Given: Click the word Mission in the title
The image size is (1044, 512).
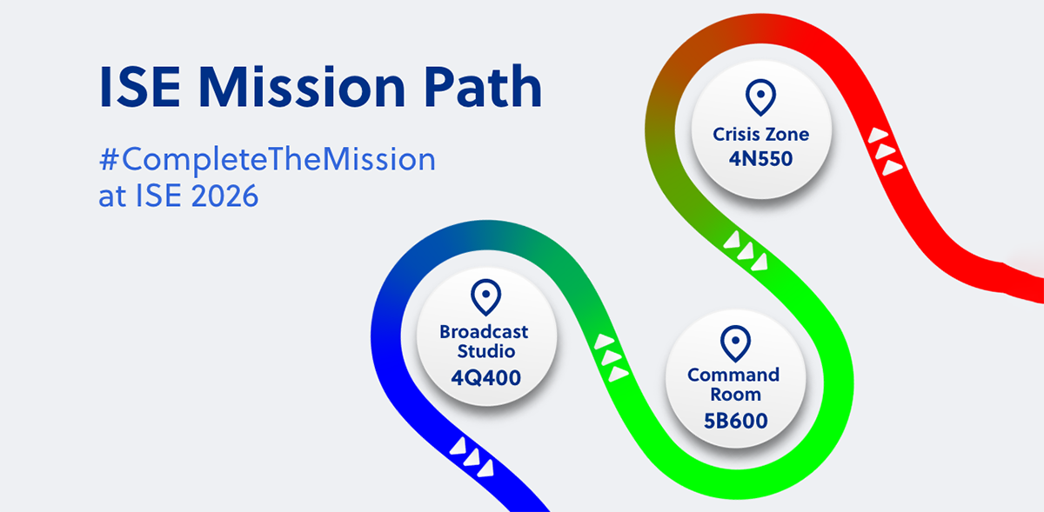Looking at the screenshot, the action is click(302, 87).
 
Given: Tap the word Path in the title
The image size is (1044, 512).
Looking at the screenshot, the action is click(482, 86).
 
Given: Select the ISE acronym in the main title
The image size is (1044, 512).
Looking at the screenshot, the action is click(140, 87).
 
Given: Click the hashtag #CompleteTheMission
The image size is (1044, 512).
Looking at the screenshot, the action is click(267, 159).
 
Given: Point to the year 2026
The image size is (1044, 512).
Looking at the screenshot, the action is click(224, 196).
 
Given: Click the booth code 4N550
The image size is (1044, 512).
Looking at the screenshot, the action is click(760, 159).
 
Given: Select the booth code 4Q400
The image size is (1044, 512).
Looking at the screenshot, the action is click(485, 378).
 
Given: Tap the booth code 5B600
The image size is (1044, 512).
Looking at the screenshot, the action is click(735, 421).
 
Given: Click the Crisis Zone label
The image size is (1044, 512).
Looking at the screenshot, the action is click(760, 134).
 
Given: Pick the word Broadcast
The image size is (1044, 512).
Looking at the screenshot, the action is click(484, 332).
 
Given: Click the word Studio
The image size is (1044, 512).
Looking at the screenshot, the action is click(486, 351).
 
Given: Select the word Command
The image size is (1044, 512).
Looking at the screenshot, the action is click(733, 375).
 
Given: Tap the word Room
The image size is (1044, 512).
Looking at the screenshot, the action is click(735, 395).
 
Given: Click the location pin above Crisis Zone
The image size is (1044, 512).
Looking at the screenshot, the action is click(760, 97).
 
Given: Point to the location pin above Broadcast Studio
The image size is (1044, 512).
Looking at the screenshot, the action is click(485, 297).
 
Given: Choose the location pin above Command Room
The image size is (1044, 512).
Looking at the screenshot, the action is click(735, 343).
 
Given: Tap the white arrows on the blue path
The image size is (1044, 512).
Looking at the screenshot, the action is click(472, 457).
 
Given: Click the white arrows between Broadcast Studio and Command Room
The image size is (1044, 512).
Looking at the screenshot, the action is click(612, 357).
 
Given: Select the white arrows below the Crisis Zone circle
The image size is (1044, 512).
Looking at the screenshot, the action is click(746, 250).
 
